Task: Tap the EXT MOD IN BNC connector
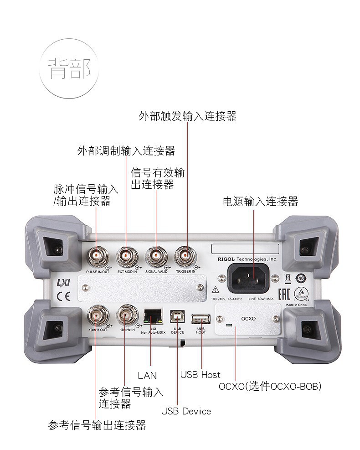click(127, 256)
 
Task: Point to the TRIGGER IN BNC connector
click(186, 256)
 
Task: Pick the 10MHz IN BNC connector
click(126, 314)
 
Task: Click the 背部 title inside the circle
click(69, 68)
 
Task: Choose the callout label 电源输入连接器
click(260, 201)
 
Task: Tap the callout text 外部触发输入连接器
click(187, 116)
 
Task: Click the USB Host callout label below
click(200, 375)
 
